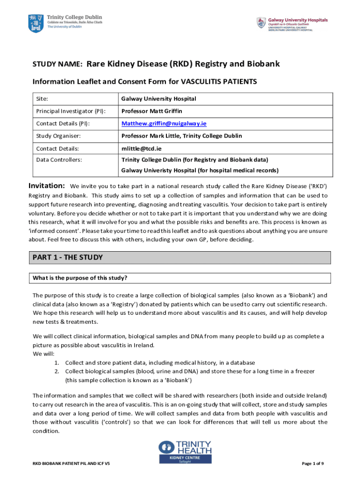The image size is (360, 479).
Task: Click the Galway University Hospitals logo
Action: pyautogui.click(x=260, y=22)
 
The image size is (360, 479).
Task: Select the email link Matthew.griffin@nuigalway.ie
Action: pyautogui.click(x=164, y=123)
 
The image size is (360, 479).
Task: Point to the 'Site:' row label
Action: pyautogui.click(x=43, y=99)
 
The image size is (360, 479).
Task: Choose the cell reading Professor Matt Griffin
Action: pyautogui.click(x=151, y=111)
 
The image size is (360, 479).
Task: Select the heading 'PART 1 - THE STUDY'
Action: pyautogui.click(x=67, y=258)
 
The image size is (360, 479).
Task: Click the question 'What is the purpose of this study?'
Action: pyautogui.click(x=80, y=278)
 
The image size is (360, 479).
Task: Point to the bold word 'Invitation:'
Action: pyautogui.click(x=47, y=185)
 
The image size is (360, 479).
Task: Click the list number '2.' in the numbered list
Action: pyautogui.click(x=56, y=371)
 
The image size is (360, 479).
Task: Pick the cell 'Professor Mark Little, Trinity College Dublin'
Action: pyautogui.click(x=181, y=136)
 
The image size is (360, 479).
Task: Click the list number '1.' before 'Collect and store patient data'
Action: pyautogui.click(x=56, y=363)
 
